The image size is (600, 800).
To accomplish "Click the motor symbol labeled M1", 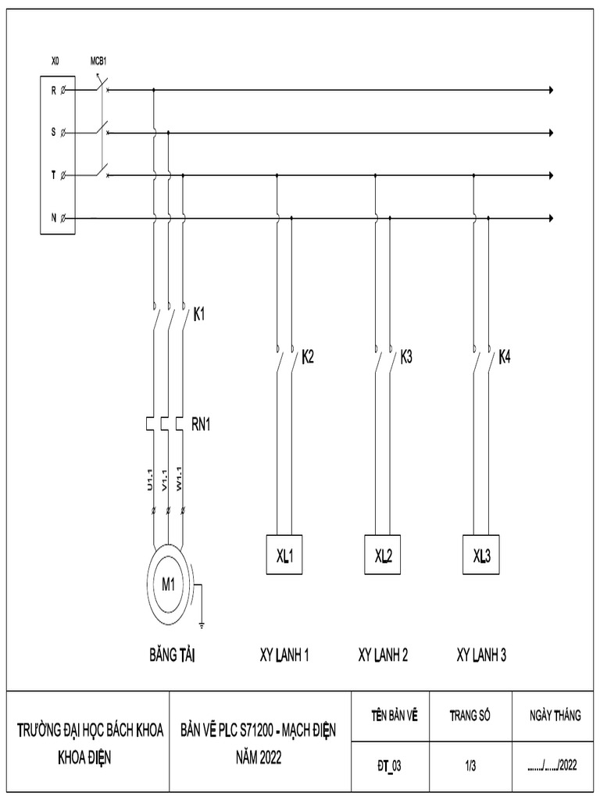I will tap(169, 584).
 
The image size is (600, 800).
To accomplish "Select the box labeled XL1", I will tap(284, 555).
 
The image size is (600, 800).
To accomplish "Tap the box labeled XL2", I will tap(383, 555).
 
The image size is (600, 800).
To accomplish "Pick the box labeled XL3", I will tap(481, 555).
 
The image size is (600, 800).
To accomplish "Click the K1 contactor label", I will tap(200, 316).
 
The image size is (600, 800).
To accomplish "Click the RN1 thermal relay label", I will tap(202, 424).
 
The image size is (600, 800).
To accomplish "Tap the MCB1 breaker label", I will tap(99, 60).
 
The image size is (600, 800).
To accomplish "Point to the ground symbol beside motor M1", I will tap(202, 623).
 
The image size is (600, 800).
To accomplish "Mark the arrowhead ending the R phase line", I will tap(552, 91).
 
